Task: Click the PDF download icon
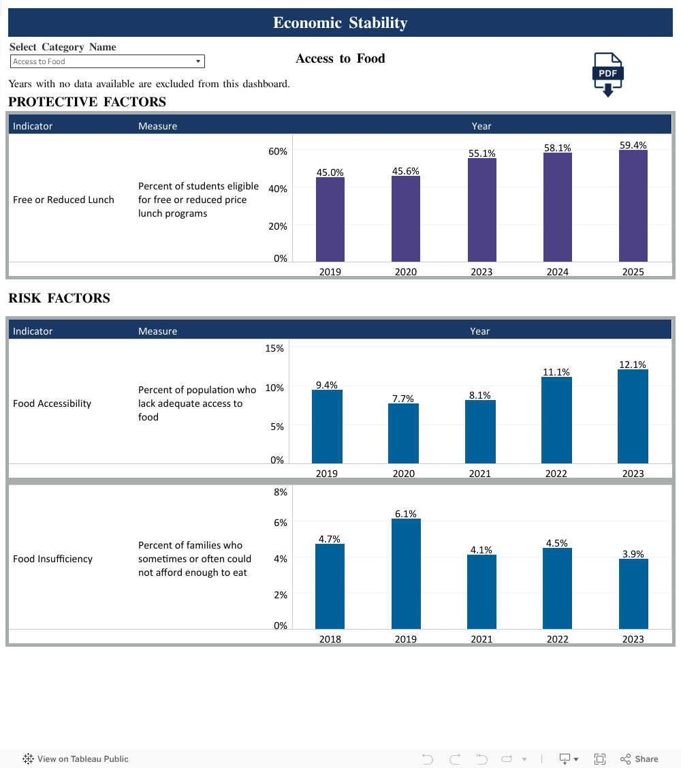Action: [607, 74]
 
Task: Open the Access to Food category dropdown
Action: [108, 61]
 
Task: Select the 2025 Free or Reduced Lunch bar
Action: [633, 205]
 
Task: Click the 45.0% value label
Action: [330, 172]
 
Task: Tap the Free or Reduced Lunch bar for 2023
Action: [481, 209]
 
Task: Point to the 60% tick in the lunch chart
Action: [278, 151]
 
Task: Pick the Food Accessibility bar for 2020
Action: [403, 433]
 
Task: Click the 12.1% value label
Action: [633, 365]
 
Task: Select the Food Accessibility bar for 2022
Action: [556, 420]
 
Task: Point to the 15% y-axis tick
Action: [274, 348]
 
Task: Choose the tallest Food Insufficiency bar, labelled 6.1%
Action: [406, 573]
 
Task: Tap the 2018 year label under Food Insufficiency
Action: [330, 639]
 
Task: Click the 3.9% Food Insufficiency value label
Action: [633, 554]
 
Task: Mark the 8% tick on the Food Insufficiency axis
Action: [281, 492]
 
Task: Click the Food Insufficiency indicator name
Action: [52, 559]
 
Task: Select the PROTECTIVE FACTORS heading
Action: [87, 102]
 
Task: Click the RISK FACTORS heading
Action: [59, 298]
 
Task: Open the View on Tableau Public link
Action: [76, 758]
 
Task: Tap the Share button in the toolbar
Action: [639, 758]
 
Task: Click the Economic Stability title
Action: [340, 22]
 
